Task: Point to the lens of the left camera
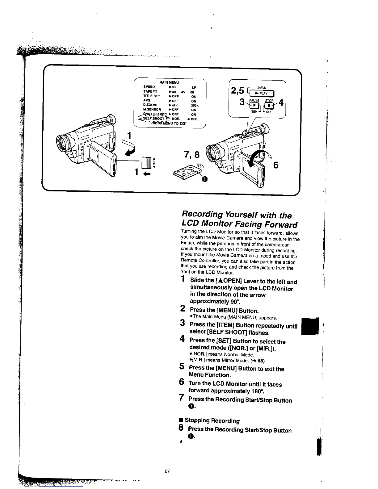tap(67, 142)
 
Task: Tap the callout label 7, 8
tap(192, 154)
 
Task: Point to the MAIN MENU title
tap(169, 82)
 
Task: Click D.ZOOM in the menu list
tap(150, 105)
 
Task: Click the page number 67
tap(167, 471)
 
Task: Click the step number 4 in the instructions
tap(183, 340)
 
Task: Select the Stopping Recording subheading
tap(212, 420)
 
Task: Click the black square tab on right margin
tap(310, 327)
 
